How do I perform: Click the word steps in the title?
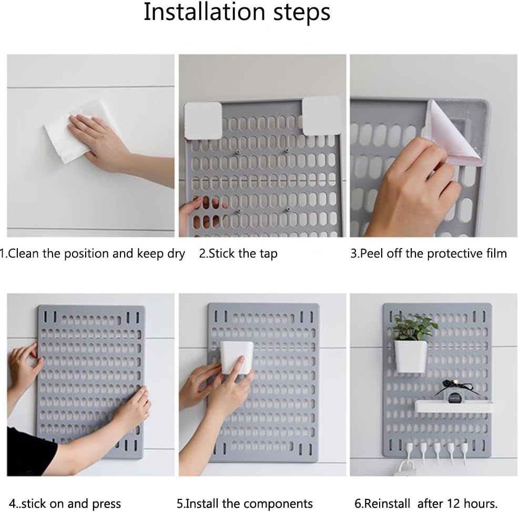pyautogui.click(x=301, y=13)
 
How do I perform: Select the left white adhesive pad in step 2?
pyautogui.click(x=203, y=120)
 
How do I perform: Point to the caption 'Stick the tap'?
pyautogui.click(x=238, y=253)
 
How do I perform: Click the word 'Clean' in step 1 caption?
pyautogui.click(x=25, y=253)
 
